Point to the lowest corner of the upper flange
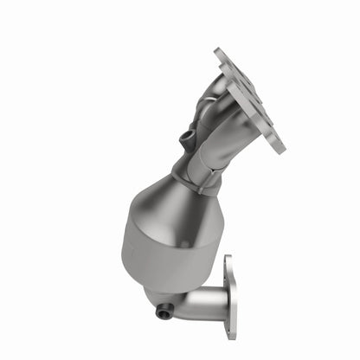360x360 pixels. click(280, 149)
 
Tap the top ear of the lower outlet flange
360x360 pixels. click(229, 260)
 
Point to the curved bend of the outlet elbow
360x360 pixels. click(177, 303)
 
